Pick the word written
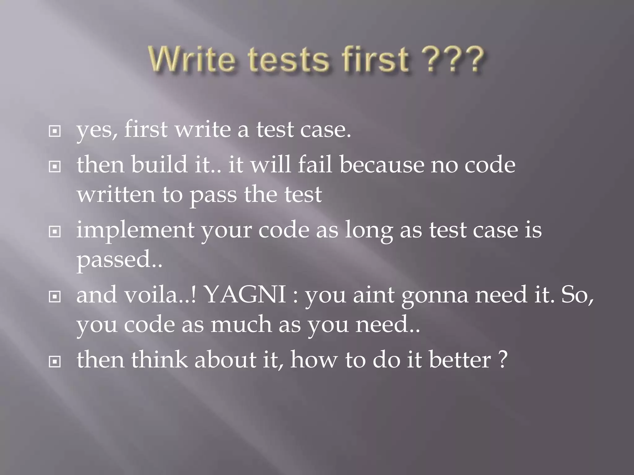tap(116, 195)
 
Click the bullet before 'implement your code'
tap(55, 231)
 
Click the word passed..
tap(113, 260)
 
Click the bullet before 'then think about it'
tap(55, 361)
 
